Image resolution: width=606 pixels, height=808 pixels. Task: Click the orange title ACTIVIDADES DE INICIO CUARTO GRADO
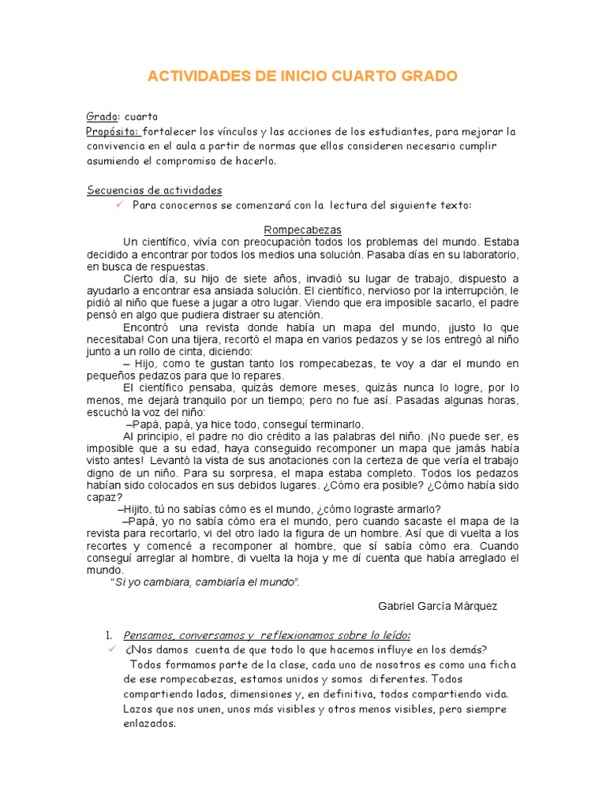click(302, 77)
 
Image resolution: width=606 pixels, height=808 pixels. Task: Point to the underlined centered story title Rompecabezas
click(302, 229)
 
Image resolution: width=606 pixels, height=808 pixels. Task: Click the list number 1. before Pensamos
click(110, 635)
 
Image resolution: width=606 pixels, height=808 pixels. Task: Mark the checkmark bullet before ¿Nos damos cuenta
click(111, 649)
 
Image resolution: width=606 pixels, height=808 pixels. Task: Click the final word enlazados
click(149, 723)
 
